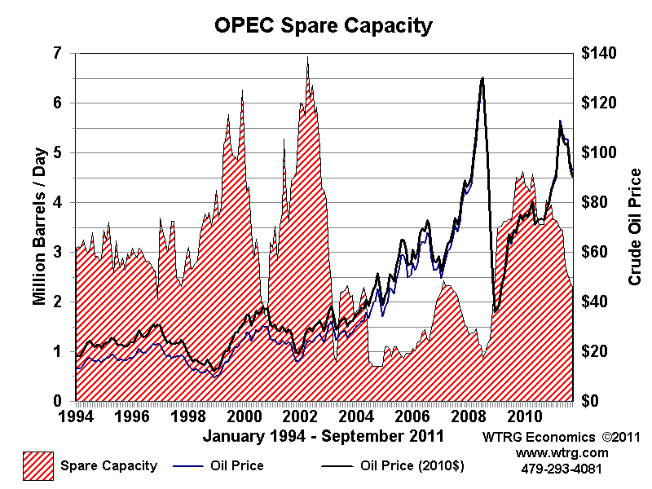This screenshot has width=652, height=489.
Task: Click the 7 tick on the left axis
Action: pyautogui.click(x=58, y=54)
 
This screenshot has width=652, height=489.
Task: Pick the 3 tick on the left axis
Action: pyautogui.click(x=58, y=253)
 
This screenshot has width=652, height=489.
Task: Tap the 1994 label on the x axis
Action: pyautogui.click(x=76, y=416)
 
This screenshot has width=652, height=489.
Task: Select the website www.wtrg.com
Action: pyautogui.click(x=562, y=453)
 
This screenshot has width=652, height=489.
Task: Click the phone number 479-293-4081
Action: pyautogui.click(x=562, y=469)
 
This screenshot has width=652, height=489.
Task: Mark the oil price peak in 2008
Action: pyautogui.click(x=482, y=78)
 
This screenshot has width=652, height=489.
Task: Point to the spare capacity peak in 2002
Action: pyautogui.click(x=307, y=57)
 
